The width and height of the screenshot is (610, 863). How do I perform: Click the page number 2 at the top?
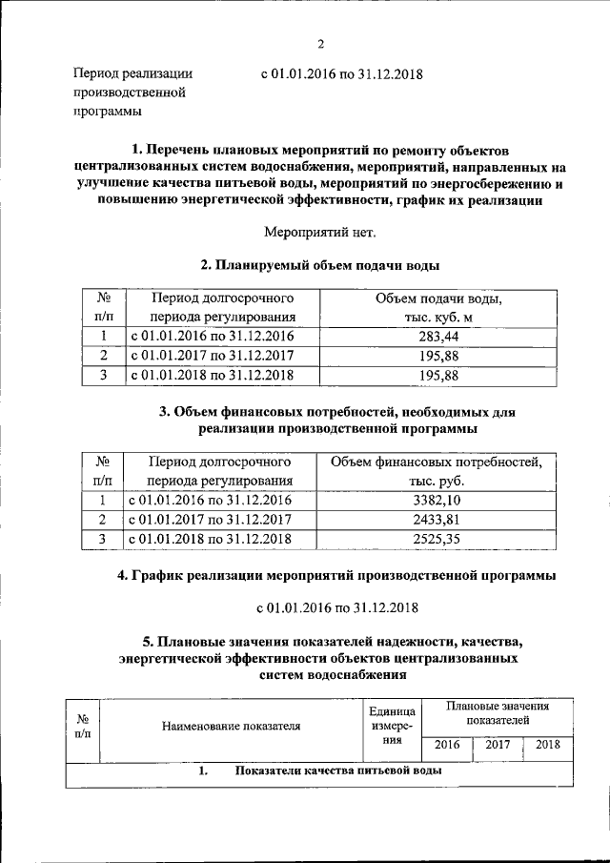pos(320,44)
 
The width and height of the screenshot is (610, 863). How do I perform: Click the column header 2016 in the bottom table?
pos(446,745)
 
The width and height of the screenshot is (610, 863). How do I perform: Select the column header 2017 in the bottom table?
pos(498,745)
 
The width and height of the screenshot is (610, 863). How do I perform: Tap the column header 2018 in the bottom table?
pos(547,745)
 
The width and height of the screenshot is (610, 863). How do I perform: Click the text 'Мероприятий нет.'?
pos(319,232)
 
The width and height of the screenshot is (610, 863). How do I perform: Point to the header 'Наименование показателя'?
pos(232,726)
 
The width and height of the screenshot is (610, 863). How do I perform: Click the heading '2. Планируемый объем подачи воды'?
pos(319,264)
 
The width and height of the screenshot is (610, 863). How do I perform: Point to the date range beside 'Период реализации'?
pos(340,73)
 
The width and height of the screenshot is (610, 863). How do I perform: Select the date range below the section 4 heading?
pos(339,606)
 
